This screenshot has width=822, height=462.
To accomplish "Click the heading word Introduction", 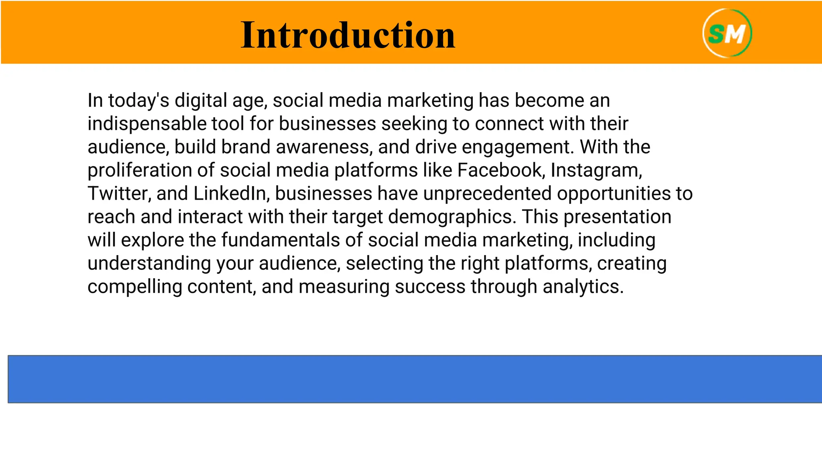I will tap(348, 35).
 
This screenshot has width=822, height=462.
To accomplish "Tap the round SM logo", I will tap(727, 33).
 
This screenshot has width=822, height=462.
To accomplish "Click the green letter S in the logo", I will tap(716, 34).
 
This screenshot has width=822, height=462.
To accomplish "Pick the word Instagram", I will tap(596, 170).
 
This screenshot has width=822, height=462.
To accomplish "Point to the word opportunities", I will tap(614, 194).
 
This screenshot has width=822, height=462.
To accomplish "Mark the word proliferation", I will tap(140, 170).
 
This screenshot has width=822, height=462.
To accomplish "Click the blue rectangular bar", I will tap(415, 379).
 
